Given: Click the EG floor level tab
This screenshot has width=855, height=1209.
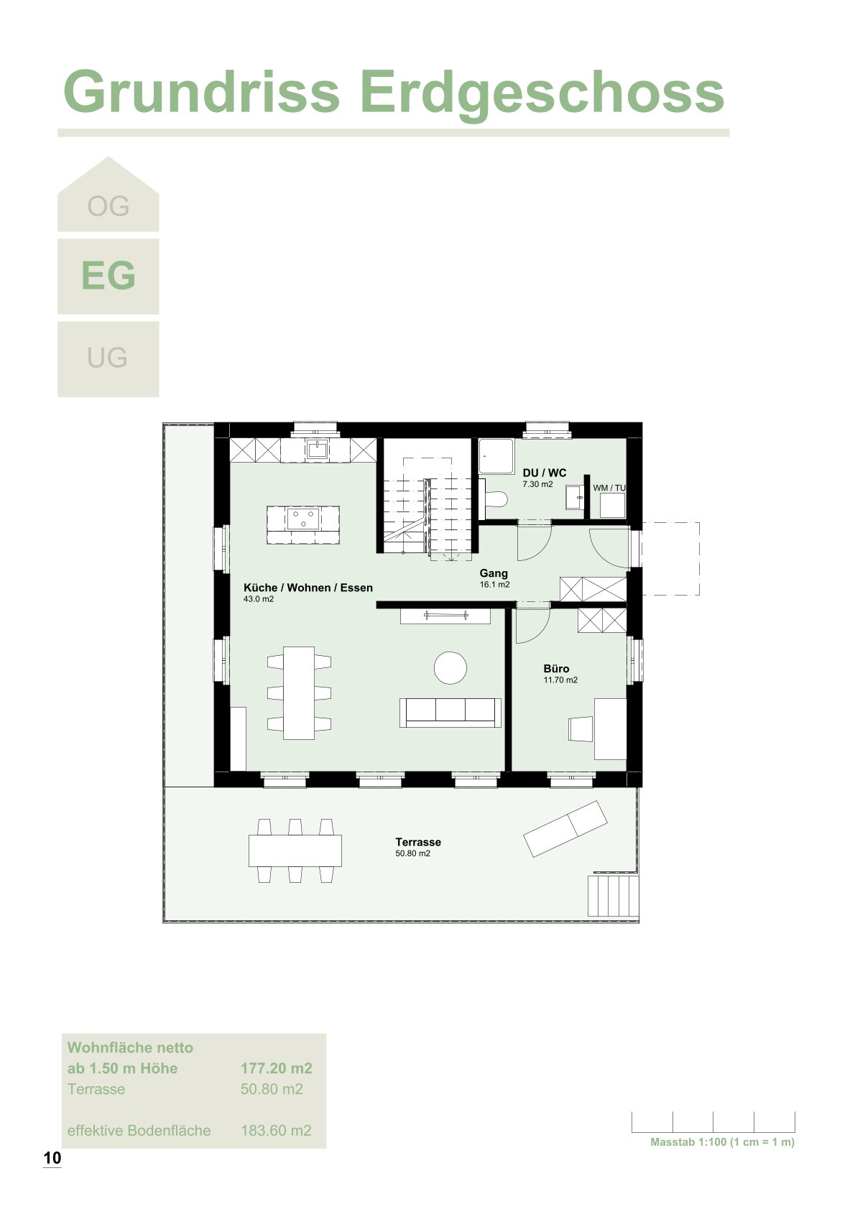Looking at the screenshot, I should [x=108, y=277].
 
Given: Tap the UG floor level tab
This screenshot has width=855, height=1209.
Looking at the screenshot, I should [x=108, y=358].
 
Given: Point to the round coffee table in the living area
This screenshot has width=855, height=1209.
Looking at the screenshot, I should [x=450, y=668].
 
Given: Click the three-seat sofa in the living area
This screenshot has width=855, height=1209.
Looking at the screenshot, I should [x=450, y=711].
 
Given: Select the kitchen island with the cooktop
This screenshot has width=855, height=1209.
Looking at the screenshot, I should [x=303, y=524].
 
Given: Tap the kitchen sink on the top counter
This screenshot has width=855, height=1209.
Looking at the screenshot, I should [x=316, y=450].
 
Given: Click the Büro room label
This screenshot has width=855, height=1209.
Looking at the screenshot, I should [x=556, y=669].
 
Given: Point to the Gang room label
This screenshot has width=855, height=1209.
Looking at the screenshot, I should [x=494, y=573].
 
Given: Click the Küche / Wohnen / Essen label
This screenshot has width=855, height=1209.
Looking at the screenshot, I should [x=308, y=588].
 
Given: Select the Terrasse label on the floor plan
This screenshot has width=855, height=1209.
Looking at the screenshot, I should [x=418, y=842].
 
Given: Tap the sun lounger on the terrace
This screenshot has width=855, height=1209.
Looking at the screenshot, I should [x=565, y=829].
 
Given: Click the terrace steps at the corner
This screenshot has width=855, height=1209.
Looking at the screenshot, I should [x=613, y=896].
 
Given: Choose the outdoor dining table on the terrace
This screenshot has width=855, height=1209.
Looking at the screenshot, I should [x=295, y=851].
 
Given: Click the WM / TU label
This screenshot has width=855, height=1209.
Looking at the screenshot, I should [x=609, y=488].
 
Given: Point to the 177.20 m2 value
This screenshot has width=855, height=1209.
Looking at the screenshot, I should [x=276, y=1068].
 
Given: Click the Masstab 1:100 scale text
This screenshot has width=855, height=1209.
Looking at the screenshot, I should [x=722, y=1142].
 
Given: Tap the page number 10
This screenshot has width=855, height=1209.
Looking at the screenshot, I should [x=52, y=1158].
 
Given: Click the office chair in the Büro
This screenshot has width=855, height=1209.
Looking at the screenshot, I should [x=580, y=728].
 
